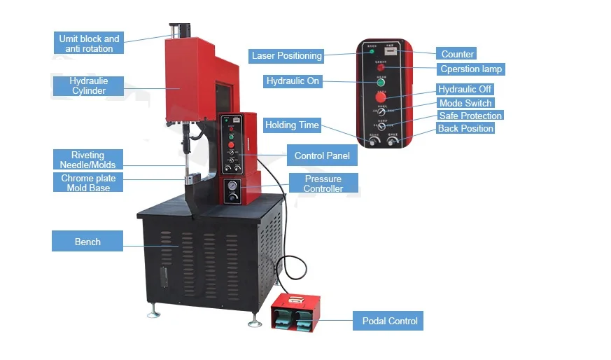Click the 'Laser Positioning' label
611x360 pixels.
coord(286,56)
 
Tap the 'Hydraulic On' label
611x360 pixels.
coord(293,81)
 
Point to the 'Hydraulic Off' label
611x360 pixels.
coord(465,90)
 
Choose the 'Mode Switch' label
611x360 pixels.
coord(465,103)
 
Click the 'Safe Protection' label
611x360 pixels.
coord(470,116)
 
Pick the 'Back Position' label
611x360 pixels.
coord(465,128)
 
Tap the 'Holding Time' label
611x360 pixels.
coord(292,125)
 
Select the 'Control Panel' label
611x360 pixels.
coord(322,155)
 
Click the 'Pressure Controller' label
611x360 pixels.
coord(323,184)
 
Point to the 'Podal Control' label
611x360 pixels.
coord(389,321)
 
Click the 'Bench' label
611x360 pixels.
coord(87,242)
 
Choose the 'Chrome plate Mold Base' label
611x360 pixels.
coord(88,183)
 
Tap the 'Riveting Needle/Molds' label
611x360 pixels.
coord(87,160)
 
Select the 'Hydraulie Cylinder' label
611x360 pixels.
coord(88,86)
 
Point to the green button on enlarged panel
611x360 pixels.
coord(381,82)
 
